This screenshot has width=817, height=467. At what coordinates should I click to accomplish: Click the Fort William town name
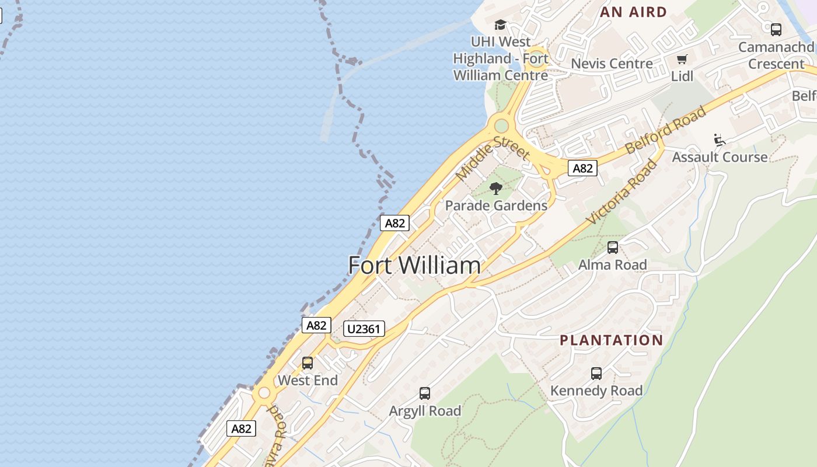pos(414,266)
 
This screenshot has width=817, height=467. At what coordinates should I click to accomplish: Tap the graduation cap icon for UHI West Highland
pos(500,25)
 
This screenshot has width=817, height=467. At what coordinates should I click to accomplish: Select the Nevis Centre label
pos(612,64)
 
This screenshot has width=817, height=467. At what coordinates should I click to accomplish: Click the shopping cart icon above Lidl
pos(682,59)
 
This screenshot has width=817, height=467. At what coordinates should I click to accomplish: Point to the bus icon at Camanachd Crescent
pos(776,29)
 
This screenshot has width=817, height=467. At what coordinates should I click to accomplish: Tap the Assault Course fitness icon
pos(720,140)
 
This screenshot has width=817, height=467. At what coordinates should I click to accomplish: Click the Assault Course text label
pos(720,157)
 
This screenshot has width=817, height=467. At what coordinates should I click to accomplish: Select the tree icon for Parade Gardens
pos(496,188)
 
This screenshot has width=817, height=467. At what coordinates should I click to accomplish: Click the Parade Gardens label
pos(496,205)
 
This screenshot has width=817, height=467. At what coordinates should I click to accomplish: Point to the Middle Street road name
pos(492,158)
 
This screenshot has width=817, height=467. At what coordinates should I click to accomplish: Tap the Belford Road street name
pos(665,130)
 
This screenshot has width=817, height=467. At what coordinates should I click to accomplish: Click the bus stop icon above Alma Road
pos(612,248)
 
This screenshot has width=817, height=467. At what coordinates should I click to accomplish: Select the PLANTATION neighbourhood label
pos(611,340)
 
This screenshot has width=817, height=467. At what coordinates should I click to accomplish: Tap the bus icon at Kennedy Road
pos(596,374)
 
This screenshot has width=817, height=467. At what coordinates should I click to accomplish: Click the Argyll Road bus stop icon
pos(425,393)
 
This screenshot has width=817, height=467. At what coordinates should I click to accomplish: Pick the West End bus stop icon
pos(308,363)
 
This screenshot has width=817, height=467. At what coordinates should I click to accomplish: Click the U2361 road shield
pos(364,329)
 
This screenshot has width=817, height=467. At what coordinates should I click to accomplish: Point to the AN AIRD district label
pos(633,12)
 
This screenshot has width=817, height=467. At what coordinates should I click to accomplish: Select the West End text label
pos(308,381)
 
